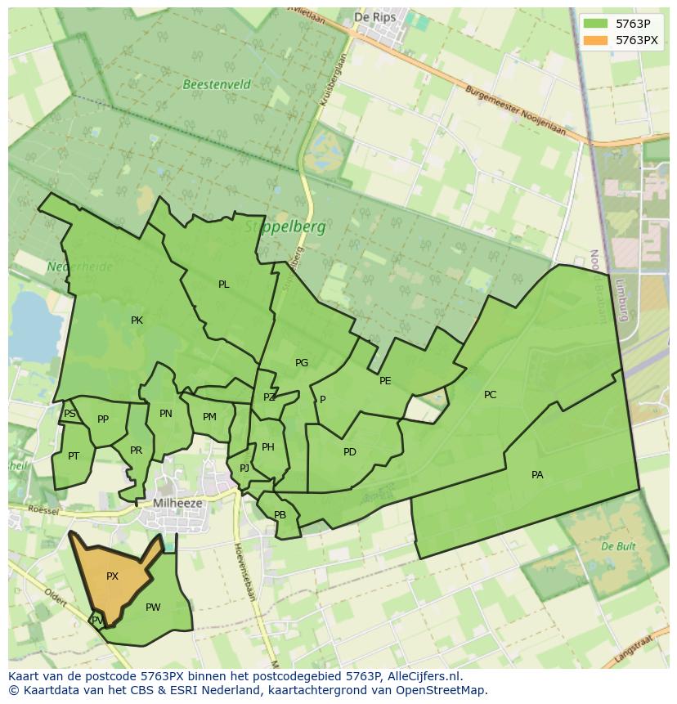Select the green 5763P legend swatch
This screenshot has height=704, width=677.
(x=596, y=24)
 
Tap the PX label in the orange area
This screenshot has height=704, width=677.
(x=112, y=576)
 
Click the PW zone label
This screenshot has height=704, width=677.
(x=153, y=608)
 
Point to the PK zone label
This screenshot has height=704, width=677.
(x=137, y=321)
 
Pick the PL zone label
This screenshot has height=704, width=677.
(x=223, y=285)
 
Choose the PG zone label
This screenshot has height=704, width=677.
(x=302, y=363)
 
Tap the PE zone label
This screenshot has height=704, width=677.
(x=385, y=381)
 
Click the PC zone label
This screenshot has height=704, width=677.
(x=490, y=395)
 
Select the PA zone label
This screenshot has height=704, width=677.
(x=537, y=475)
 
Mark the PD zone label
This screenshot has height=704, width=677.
(x=350, y=452)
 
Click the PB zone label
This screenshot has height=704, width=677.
(x=280, y=515)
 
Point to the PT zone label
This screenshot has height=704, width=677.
(x=74, y=456)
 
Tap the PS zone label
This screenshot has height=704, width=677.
(x=69, y=414)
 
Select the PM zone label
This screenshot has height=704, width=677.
(x=209, y=417)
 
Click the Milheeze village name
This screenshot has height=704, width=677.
(x=177, y=504)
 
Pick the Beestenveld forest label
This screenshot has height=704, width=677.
(x=217, y=84)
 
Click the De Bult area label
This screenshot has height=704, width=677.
(x=618, y=545)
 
